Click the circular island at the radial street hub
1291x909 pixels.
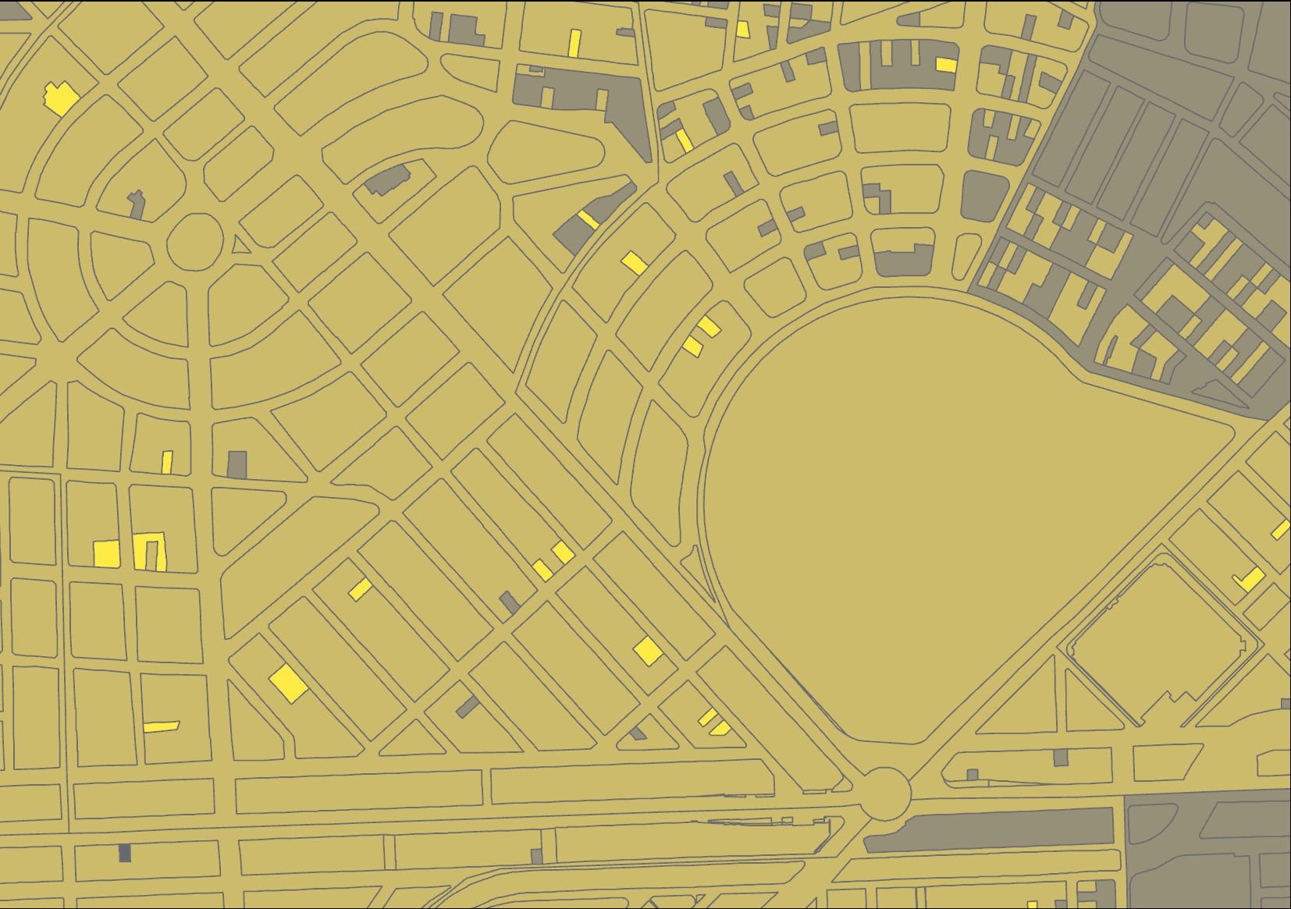click(x=195, y=242)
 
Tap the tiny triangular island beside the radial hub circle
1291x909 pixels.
click(x=240, y=246)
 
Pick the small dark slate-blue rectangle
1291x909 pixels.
click(x=125, y=853)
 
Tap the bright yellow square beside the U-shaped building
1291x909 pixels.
click(x=107, y=553)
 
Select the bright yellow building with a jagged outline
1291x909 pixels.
click(x=60, y=98)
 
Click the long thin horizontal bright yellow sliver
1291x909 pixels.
click(x=162, y=726)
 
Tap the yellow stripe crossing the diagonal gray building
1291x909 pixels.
click(x=589, y=220)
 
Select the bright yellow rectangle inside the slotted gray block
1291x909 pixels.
click(x=946, y=65)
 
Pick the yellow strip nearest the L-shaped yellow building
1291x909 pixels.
click(x=1281, y=530)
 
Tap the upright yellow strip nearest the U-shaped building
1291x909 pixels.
click(x=166, y=462)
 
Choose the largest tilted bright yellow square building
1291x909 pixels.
click(x=287, y=683)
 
